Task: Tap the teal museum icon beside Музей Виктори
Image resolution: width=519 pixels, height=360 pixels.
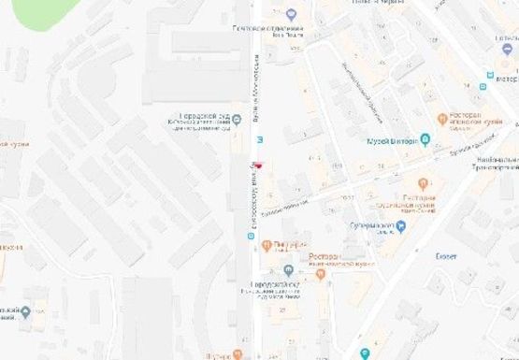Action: coord(425,140)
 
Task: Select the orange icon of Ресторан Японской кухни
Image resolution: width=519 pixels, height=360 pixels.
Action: coord(442,120)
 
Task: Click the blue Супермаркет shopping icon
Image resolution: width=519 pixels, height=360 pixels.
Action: coord(401,225)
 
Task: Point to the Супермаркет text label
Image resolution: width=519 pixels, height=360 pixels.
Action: coord(370,225)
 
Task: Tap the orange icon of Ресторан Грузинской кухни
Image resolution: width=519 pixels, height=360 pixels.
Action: coord(423,184)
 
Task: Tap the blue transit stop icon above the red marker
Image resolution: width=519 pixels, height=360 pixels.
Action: coord(259,140)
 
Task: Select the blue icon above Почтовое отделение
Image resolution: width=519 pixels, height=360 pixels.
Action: coord(291,14)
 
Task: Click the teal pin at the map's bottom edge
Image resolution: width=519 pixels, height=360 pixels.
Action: coord(365,353)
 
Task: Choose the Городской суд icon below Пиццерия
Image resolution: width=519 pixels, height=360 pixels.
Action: coord(288,271)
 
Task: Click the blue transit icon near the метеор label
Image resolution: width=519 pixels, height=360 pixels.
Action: coord(483,86)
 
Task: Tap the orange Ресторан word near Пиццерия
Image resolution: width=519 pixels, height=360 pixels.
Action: coord(323,254)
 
